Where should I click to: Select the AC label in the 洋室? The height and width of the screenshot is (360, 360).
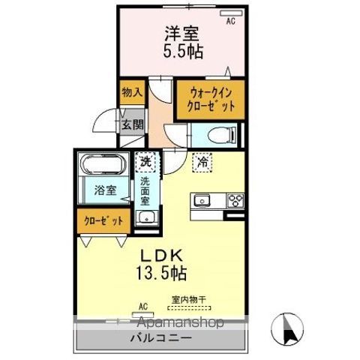click(x=231, y=22)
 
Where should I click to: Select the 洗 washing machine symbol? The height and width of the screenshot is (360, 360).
click(x=145, y=160)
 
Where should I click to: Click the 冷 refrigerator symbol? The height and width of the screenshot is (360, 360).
click(x=202, y=160)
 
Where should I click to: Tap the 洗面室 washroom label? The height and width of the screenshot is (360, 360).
click(x=145, y=190)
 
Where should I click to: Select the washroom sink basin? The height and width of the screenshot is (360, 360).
click(x=146, y=219)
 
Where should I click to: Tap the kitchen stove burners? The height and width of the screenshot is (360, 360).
click(x=235, y=200)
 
